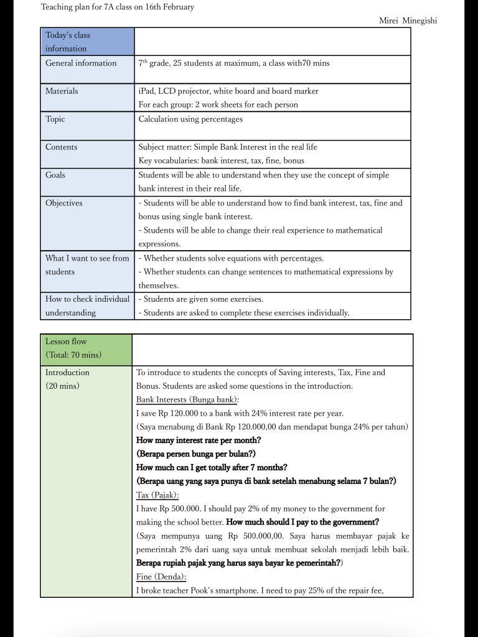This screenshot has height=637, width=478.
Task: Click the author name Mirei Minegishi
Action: (x=408, y=21)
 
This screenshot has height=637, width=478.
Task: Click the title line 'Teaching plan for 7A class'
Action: (x=117, y=7)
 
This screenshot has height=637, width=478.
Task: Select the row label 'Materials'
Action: (x=62, y=91)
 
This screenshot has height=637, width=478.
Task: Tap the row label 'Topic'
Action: (x=55, y=119)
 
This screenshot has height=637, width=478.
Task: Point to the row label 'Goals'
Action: (x=55, y=175)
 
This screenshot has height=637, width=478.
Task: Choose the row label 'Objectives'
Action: (x=63, y=203)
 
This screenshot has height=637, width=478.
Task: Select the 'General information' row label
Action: (x=81, y=63)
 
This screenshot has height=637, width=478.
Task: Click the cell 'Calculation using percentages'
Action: (x=190, y=119)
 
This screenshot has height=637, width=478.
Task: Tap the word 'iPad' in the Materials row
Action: (x=146, y=91)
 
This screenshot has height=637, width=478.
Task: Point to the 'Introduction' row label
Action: (x=67, y=373)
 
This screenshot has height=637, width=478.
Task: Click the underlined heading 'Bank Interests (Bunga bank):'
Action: (x=187, y=399)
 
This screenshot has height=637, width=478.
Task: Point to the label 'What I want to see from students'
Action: (x=87, y=265)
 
